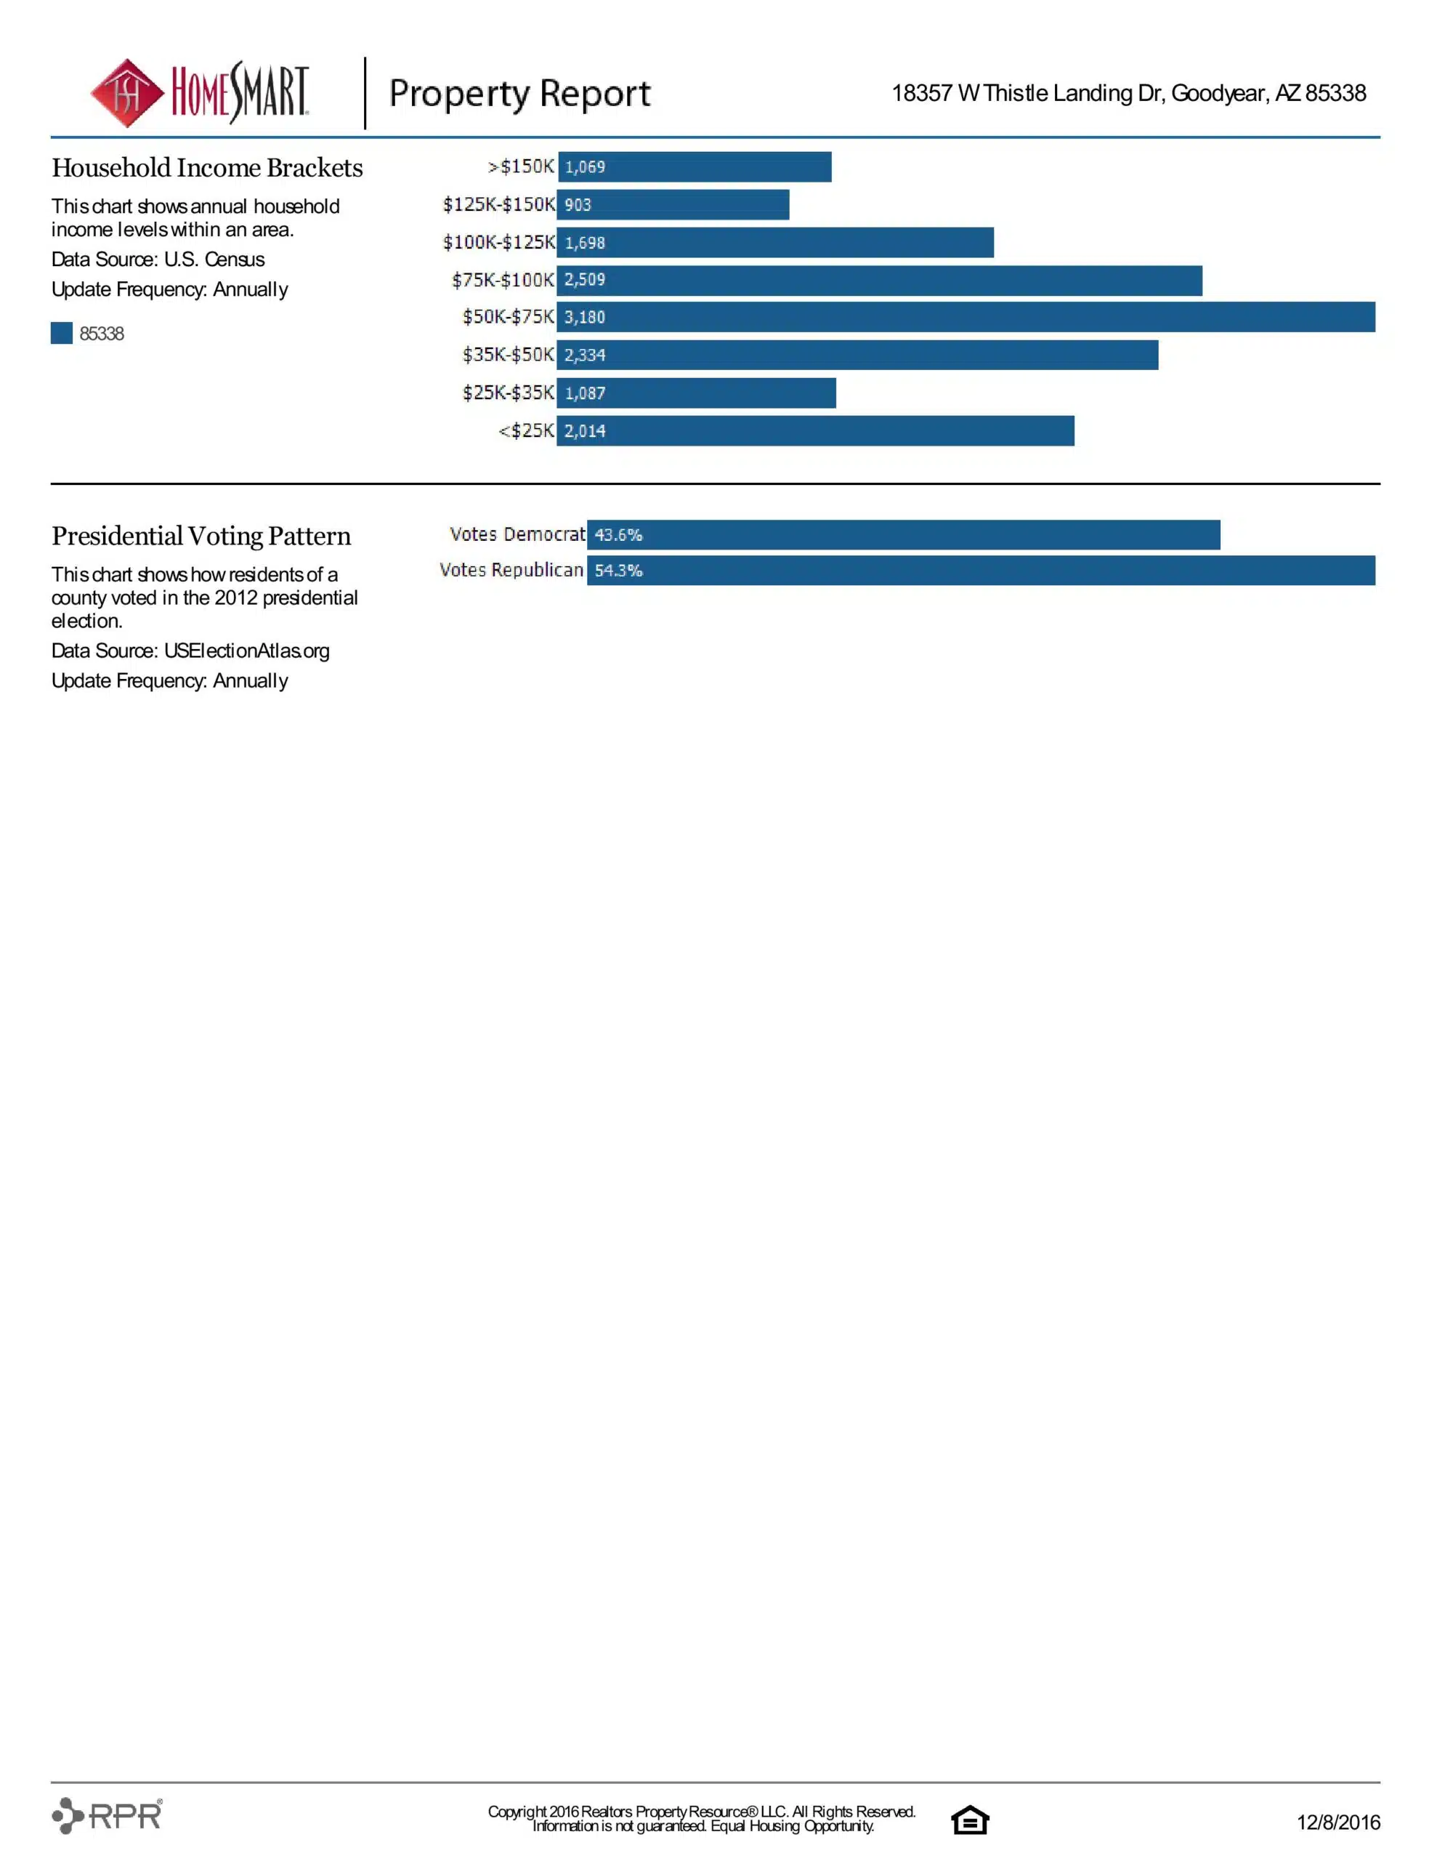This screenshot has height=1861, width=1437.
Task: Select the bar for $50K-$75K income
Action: [966, 317]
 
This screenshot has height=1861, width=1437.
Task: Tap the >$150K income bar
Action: [695, 167]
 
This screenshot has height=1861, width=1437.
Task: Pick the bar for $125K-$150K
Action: [673, 204]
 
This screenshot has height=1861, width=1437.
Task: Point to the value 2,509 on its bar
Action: [584, 279]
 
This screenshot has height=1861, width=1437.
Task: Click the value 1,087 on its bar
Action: [584, 393]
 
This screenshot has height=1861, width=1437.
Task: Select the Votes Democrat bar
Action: [904, 535]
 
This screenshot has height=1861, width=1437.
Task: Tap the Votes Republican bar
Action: [981, 571]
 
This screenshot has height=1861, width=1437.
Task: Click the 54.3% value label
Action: [618, 571]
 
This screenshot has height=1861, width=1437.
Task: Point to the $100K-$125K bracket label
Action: [498, 242]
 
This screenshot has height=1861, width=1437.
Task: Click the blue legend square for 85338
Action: [61, 333]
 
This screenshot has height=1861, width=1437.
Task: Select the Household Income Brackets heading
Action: [207, 168]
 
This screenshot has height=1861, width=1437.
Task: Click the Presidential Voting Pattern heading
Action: [201, 536]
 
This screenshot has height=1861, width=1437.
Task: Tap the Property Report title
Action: [519, 94]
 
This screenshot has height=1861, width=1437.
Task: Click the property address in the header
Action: [1129, 93]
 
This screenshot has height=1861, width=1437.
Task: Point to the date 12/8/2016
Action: [1338, 1822]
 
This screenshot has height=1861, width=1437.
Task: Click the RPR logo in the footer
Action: [108, 1815]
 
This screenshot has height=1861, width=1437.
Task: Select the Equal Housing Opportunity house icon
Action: [969, 1820]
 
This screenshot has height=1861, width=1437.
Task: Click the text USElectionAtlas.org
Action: [246, 651]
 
